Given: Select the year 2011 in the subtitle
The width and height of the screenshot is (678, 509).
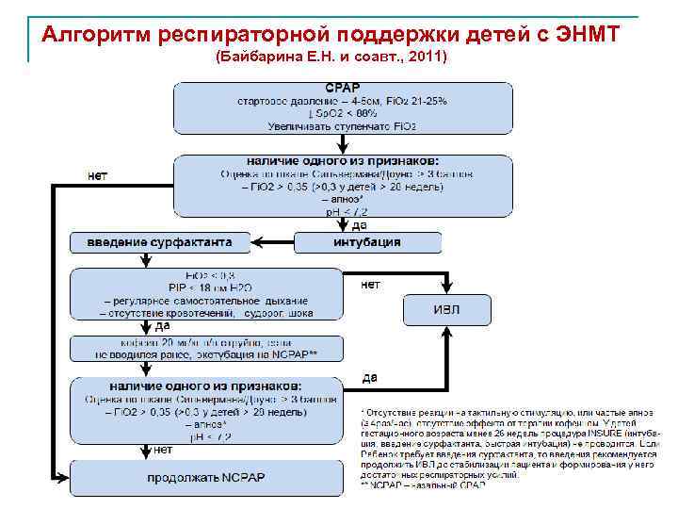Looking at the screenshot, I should [427, 58].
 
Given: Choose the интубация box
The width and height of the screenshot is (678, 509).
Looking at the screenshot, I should [367, 242].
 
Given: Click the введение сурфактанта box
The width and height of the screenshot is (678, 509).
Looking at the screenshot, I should [161, 242].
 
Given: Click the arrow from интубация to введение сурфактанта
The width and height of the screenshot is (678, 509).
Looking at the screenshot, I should [274, 242].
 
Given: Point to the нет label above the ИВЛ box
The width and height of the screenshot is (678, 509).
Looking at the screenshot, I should [371, 284].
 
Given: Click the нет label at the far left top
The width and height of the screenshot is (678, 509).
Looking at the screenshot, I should [97, 174].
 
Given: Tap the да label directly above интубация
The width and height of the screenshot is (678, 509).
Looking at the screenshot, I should [359, 225].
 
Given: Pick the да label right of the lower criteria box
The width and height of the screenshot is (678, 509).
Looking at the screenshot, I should [370, 378].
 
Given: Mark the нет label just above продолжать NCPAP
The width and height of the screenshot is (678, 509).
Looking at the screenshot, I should [164, 449].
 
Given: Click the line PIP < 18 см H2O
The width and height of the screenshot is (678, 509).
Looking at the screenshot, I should [205, 287].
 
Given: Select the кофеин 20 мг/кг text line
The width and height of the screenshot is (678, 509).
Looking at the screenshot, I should [205, 342].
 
